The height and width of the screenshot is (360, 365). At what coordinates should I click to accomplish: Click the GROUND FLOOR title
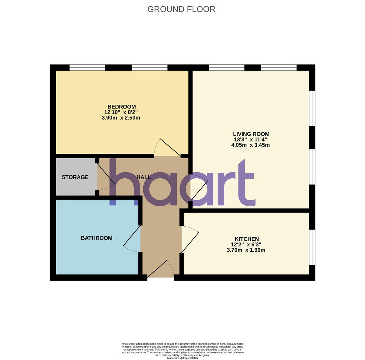pyautogui.click(x=181, y=9)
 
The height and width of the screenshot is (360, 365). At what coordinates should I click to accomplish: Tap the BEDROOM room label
pyautogui.click(x=121, y=107)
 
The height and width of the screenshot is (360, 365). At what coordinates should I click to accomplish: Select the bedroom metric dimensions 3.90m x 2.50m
pyautogui.click(x=121, y=118)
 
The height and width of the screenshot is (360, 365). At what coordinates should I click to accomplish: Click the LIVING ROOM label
pyautogui.click(x=251, y=134)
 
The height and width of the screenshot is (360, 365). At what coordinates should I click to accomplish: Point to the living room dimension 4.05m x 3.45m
pyautogui.click(x=250, y=145)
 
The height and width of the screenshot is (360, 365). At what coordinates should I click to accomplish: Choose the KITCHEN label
pyautogui.click(x=247, y=239)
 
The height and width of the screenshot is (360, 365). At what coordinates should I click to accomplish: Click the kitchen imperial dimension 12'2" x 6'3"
pyautogui.click(x=246, y=244)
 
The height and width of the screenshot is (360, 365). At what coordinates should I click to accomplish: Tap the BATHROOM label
pyautogui.click(x=96, y=238)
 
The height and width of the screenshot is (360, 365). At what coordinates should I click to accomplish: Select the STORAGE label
pyautogui.click(x=75, y=177)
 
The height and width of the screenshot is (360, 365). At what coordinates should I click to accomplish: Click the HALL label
pyautogui.click(x=144, y=177)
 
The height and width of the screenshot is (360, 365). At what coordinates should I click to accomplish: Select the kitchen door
pyautogui.click(x=190, y=240)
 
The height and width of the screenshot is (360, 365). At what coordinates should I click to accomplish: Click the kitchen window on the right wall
pyautogui.click(x=312, y=247)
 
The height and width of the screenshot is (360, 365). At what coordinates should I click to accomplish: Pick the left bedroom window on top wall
pyautogui.click(x=87, y=68)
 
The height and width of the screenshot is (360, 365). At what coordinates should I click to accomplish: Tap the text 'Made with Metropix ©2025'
pyautogui.click(x=182, y=358)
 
